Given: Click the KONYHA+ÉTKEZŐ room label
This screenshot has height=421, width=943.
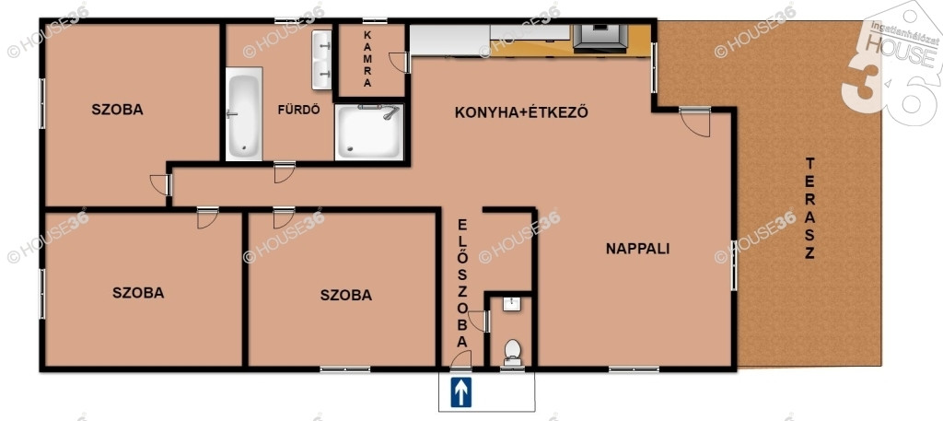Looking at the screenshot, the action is (521, 112).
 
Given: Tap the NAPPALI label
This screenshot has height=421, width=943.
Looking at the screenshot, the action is (637, 249).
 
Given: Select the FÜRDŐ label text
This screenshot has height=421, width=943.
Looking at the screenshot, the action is (298, 110).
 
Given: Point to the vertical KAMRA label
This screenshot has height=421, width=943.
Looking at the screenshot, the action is (367, 60).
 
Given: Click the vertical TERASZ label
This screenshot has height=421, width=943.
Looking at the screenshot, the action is (809, 208).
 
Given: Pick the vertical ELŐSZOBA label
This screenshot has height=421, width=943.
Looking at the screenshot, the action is (462, 283).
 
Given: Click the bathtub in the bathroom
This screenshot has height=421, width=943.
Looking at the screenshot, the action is (243, 113).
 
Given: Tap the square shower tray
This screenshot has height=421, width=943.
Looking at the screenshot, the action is (368, 132).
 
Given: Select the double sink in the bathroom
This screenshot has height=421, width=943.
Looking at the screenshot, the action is (321, 60).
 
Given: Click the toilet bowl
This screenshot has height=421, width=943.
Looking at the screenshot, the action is (512, 352).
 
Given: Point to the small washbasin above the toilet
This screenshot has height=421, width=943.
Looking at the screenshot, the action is (512, 304).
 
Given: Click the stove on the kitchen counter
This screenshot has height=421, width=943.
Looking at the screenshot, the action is (600, 38).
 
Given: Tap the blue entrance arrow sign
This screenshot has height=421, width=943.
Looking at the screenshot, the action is (461, 392).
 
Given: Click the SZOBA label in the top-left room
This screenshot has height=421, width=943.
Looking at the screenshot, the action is (117, 110).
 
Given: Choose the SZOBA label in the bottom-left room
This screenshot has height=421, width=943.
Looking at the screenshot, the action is (138, 293).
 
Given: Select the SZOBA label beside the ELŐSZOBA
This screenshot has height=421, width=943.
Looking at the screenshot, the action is (346, 296).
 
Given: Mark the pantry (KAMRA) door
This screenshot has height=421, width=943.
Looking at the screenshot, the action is (399, 63).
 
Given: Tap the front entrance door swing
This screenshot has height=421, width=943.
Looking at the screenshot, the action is (461, 359).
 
